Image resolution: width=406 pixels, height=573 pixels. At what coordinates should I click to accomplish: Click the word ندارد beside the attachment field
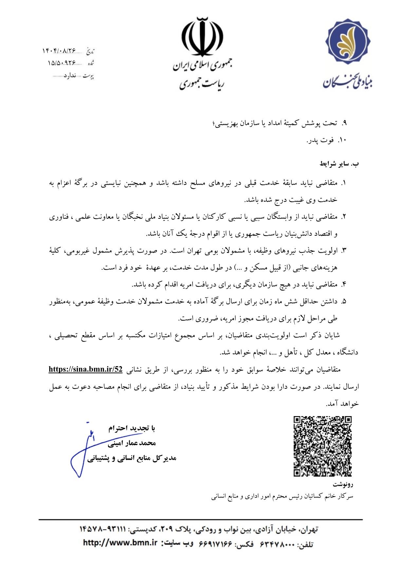70,76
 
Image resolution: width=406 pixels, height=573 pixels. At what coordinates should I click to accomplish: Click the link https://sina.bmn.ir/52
85,369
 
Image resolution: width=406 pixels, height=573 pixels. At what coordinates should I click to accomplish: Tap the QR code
323,446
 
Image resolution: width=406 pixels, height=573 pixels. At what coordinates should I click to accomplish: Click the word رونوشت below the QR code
343,484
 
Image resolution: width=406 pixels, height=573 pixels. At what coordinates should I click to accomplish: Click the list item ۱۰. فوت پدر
326,140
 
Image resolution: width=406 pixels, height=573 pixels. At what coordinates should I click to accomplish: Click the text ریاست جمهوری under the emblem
202,84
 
